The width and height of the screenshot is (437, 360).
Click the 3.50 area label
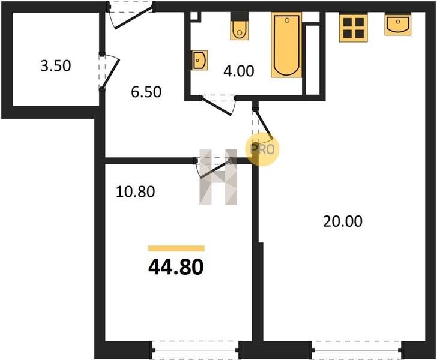pos(56,66)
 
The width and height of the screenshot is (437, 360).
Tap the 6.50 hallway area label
pos(146,92)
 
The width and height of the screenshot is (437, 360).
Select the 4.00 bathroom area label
pos(238,71)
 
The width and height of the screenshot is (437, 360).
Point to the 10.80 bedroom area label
pos(135,192)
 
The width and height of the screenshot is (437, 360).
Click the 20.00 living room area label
pos(343,221)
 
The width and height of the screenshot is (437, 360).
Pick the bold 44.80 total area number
pos(176,266)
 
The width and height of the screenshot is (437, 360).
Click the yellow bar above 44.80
pos(176,248)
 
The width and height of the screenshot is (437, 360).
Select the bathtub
pos(286,45)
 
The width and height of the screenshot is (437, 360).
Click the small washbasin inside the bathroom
pos(200,60)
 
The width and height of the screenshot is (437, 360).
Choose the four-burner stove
pos(354,28)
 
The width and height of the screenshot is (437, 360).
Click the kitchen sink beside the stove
pos(398,25)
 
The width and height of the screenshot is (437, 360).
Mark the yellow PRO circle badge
pos(262,149)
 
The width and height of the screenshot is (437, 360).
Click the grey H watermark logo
pos(218,177)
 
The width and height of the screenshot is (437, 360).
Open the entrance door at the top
pos(131,15)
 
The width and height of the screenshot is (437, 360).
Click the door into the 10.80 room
pos(213,168)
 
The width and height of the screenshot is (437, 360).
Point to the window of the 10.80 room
pos(195,350)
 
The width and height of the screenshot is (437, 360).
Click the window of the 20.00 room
pos(357,350)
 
